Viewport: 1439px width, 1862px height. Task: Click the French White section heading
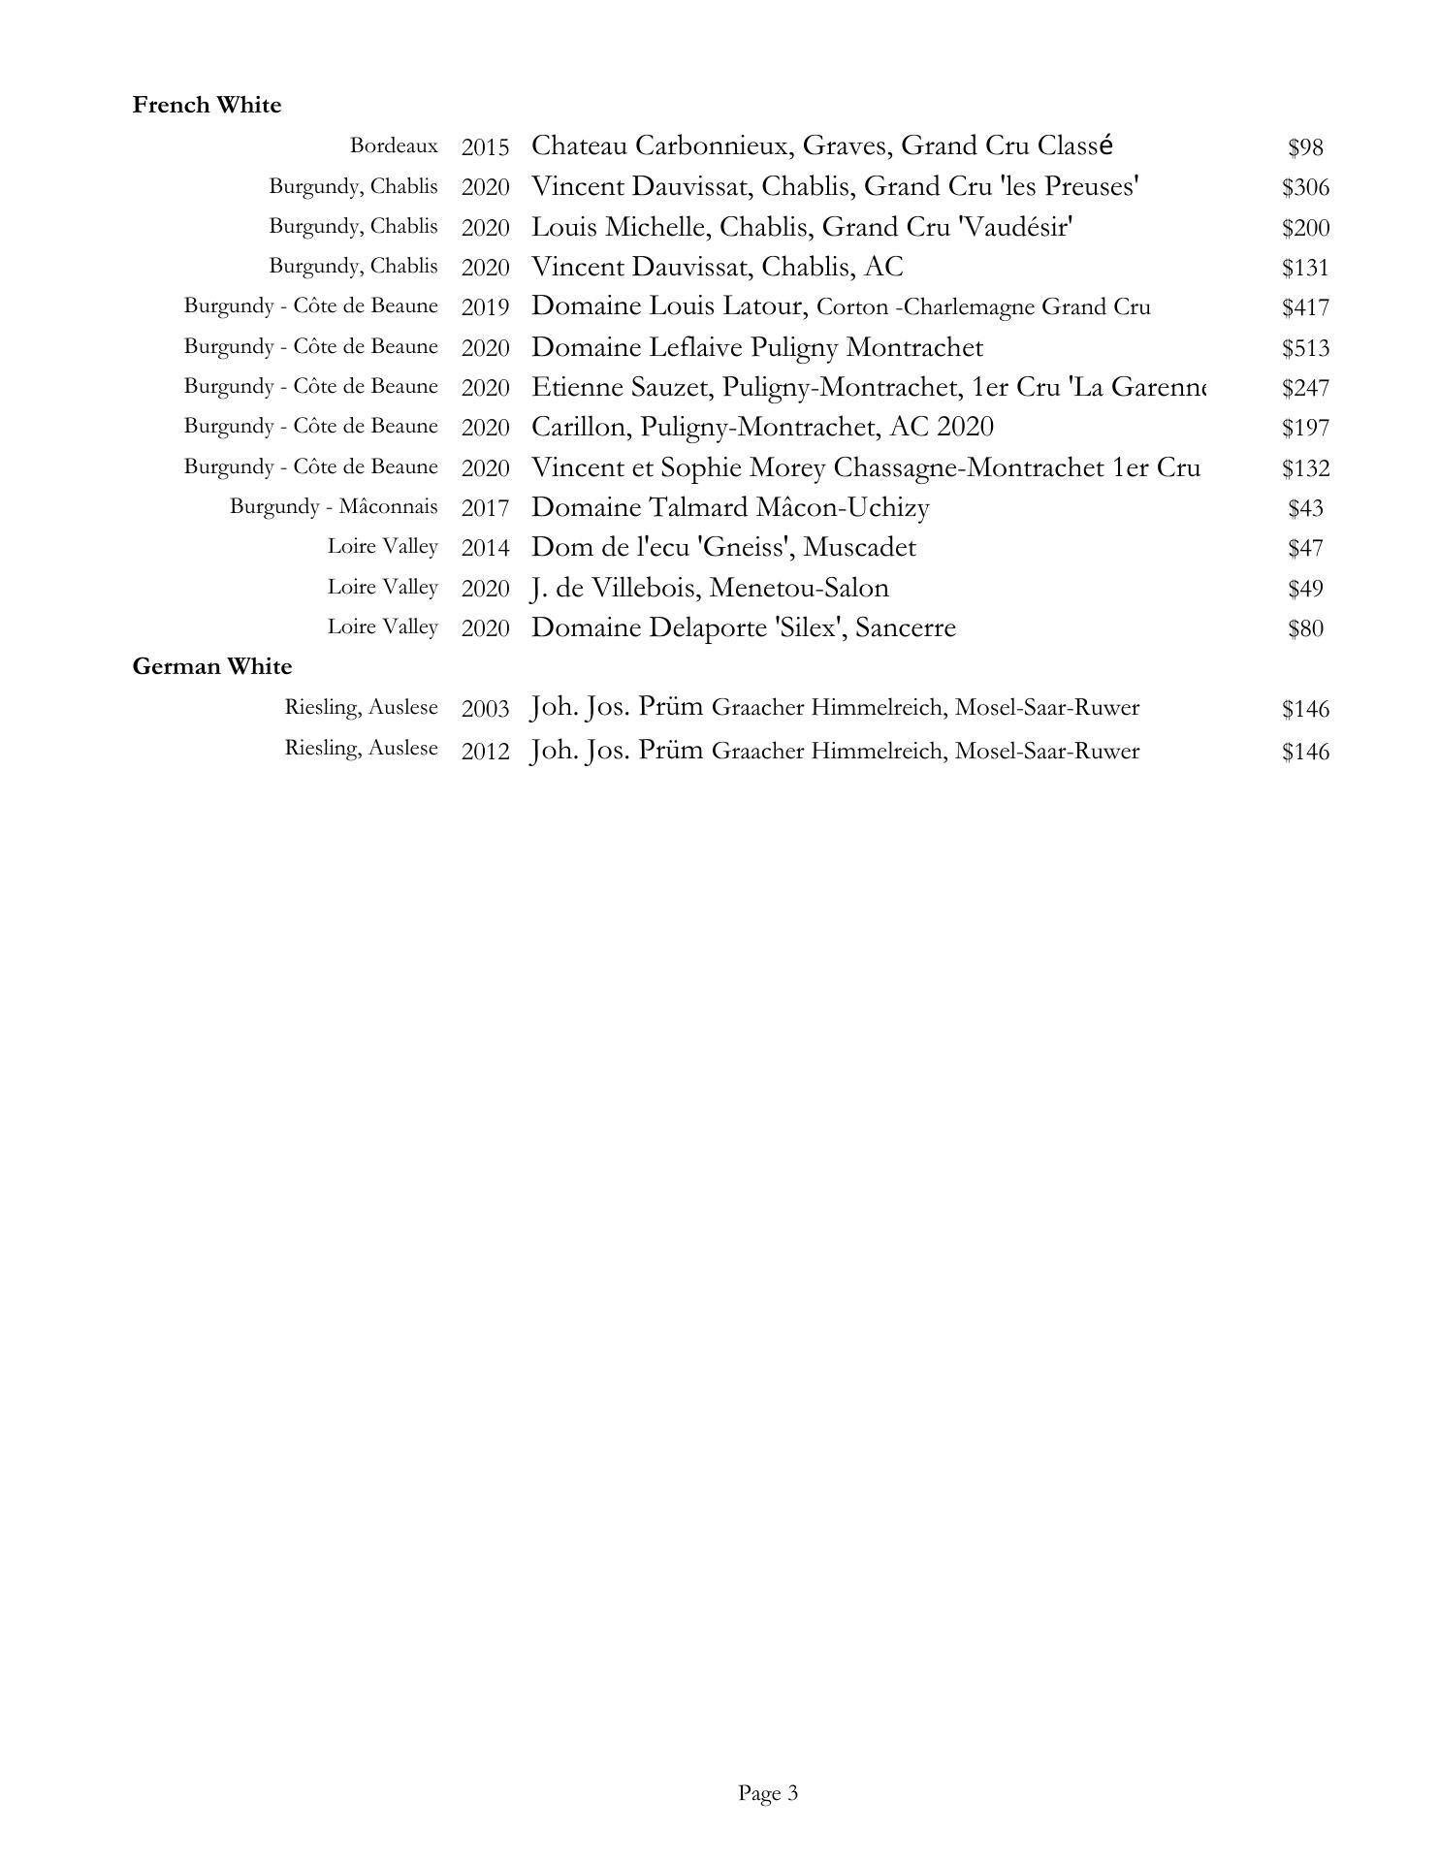[207, 105]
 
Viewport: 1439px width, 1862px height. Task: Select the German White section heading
[211, 666]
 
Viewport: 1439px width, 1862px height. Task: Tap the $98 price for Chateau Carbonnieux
[1305, 147]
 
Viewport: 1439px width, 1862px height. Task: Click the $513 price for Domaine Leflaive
[1305, 348]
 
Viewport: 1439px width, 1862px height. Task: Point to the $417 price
[1305, 308]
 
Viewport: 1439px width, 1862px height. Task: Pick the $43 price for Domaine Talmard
[1305, 508]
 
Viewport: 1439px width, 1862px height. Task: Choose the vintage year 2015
[485, 147]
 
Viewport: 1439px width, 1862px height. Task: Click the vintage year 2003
[485, 709]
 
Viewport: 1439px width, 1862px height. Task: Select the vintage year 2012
[485, 752]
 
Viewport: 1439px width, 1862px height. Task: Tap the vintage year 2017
[485, 508]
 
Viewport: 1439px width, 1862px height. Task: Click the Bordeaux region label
[394, 145]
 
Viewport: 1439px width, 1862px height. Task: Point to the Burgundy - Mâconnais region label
[334, 506]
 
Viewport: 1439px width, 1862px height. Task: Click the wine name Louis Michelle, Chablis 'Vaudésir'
[802, 227]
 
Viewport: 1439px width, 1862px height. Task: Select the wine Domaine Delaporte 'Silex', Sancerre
[744, 627]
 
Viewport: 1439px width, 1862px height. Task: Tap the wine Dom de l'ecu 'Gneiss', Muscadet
[723, 547]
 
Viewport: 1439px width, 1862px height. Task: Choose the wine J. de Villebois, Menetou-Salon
[710, 588]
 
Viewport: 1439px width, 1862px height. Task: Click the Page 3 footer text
[768, 1793]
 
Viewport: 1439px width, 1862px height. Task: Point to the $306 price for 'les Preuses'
[1305, 187]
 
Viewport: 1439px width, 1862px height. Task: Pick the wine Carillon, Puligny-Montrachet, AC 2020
[762, 427]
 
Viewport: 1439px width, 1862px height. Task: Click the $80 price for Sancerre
[1305, 628]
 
